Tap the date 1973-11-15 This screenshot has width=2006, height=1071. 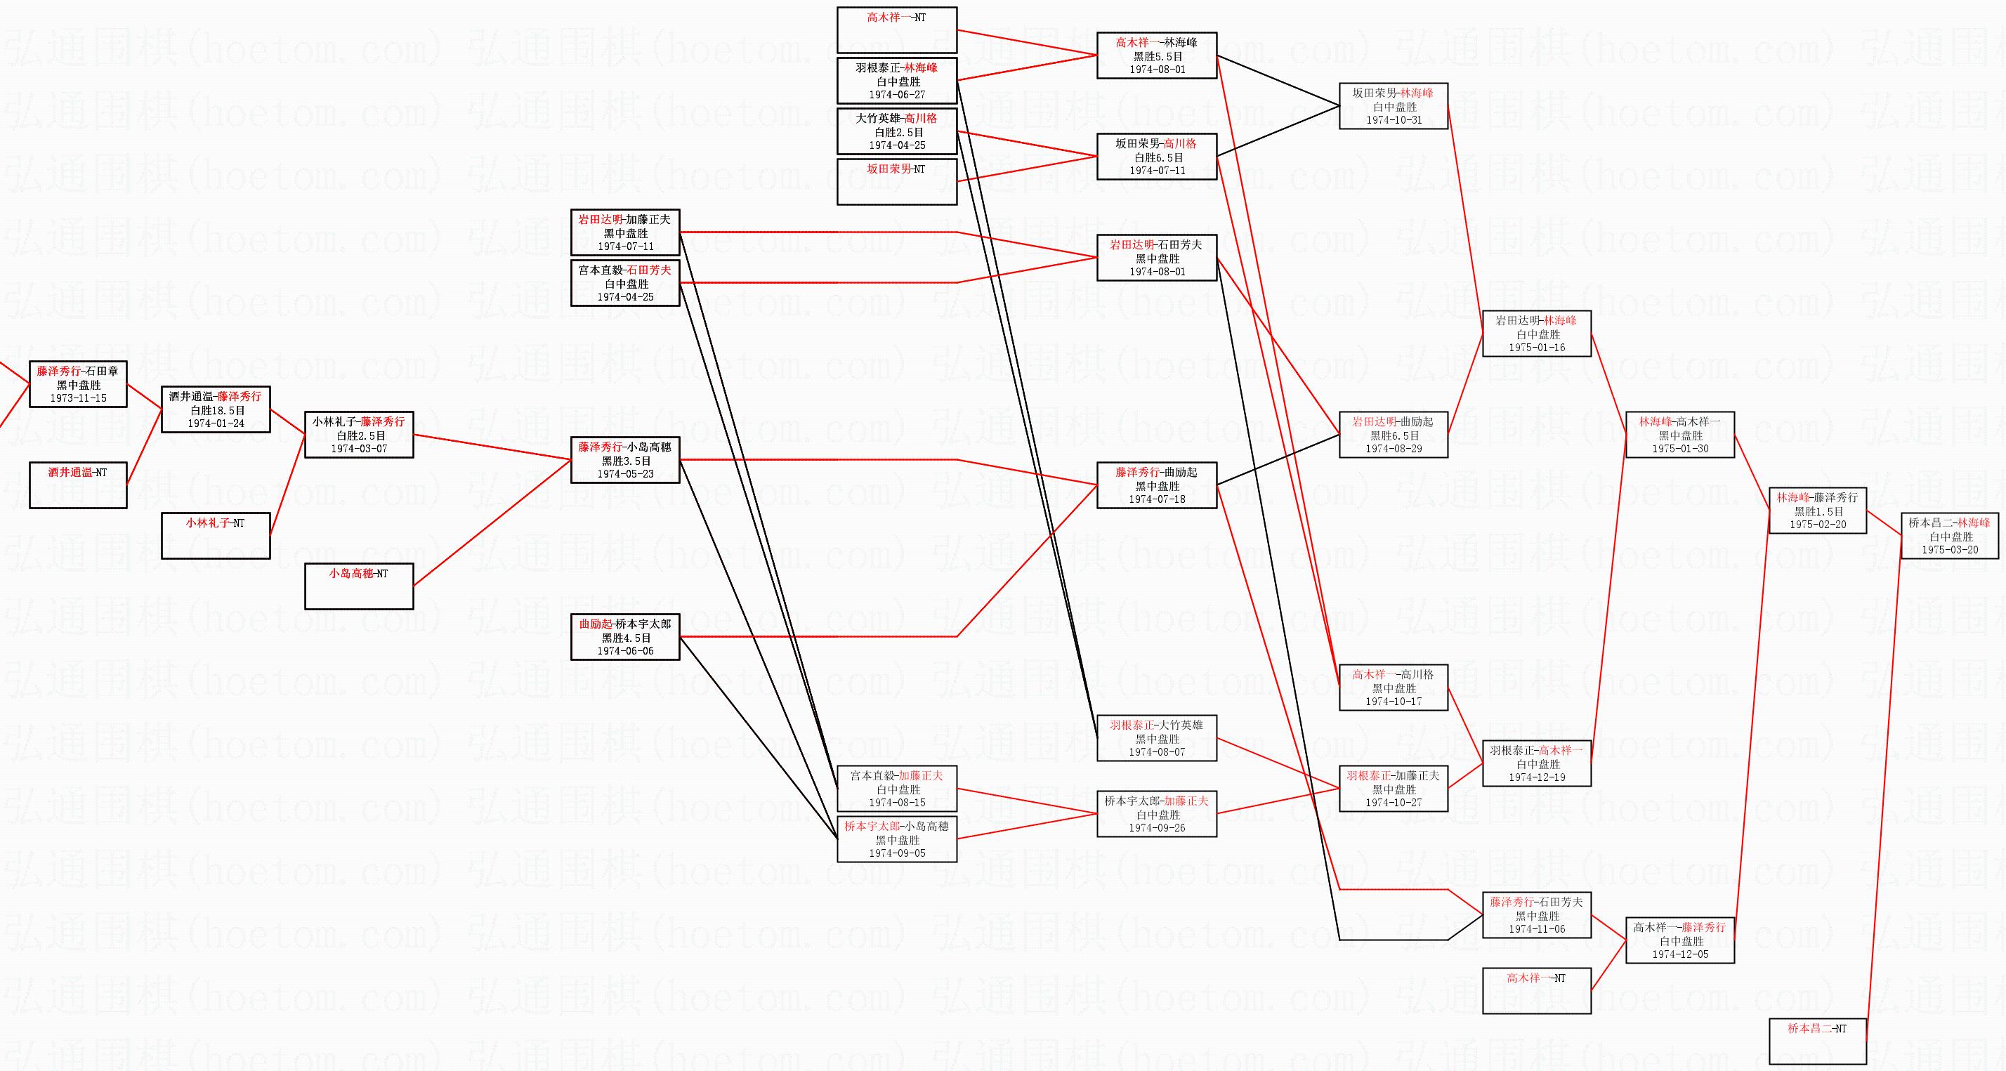[78, 398]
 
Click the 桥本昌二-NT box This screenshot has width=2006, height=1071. [1818, 1042]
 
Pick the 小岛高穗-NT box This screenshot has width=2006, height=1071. [359, 586]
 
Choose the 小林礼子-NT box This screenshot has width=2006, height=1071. [216, 535]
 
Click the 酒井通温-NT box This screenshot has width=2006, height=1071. [78, 485]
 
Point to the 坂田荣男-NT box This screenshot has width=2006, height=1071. [897, 181]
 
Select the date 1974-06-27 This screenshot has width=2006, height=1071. [897, 95]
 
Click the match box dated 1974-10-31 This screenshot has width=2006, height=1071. [1393, 106]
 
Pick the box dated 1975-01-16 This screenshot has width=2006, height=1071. [1536, 334]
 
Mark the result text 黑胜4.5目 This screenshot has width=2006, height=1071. [626, 638]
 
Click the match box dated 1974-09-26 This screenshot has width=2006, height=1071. [1156, 814]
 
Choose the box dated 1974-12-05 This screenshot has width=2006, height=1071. [1679, 940]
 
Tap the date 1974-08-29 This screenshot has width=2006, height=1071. [1393, 449]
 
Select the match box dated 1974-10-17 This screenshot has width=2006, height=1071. [1393, 688]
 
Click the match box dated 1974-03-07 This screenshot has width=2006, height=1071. [359, 435]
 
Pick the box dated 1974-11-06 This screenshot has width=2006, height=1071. [1536, 915]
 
